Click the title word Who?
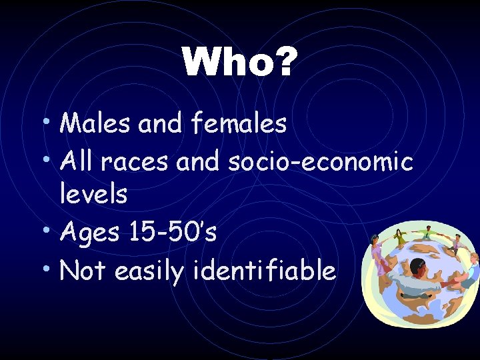pos(239,63)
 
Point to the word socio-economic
pos(321,161)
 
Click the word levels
pos(93,194)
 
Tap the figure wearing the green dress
pos(400,236)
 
